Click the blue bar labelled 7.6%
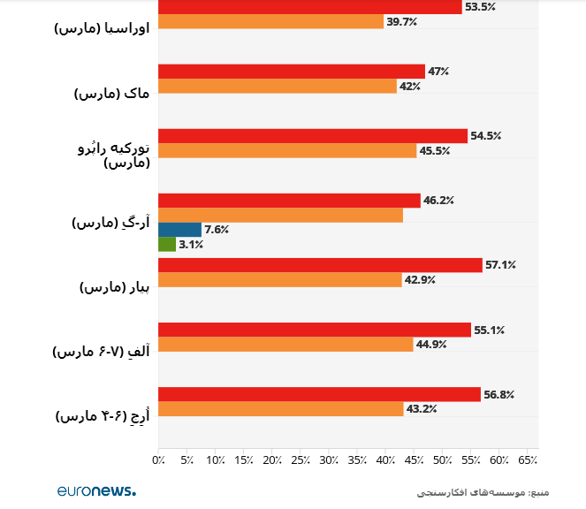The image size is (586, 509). coord(179,230)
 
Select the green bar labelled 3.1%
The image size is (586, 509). coord(167,245)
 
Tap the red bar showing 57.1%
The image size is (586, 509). coord(320,265)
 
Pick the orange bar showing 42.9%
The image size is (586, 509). coord(280,280)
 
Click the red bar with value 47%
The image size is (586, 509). coord(291,72)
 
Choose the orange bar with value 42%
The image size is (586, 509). coord(277,87)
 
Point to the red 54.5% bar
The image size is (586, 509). coord(312,136)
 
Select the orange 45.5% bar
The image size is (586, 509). coord(286,151)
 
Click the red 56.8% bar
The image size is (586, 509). coord(319,394)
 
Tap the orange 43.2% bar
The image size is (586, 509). coord(281,409)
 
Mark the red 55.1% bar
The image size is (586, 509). coord(314,330)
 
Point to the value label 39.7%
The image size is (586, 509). coord(401,22)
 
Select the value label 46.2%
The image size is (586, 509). coord(438,201)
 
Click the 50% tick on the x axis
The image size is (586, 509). coord(442,460)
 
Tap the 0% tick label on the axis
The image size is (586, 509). coord(159,460)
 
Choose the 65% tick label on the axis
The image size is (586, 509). coord(527,460)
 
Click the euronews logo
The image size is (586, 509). coord(96,490)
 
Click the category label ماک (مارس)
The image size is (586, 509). coord(112,93)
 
